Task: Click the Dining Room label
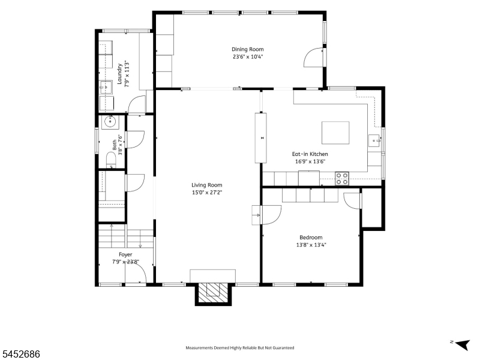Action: coord(247,49)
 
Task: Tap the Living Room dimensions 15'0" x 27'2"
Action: coord(206,193)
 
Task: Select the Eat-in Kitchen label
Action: coord(310,154)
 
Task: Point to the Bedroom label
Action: coord(311,237)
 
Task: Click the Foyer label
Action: coord(125,254)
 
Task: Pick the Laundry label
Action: coord(119,74)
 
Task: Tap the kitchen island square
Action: coord(335,133)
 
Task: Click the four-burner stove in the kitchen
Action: coord(341,178)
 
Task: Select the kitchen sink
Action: coord(374,141)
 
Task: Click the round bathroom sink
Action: coord(109,122)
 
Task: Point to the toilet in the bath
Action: coord(111,160)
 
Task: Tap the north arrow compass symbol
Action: coord(461,344)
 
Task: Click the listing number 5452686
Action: coord(20,354)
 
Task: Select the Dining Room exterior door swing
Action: coord(313,57)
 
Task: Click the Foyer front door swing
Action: coord(136,274)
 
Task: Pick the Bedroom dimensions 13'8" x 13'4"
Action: coord(311,245)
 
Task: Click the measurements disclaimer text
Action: coord(239,348)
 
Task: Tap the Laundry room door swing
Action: coord(136,104)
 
